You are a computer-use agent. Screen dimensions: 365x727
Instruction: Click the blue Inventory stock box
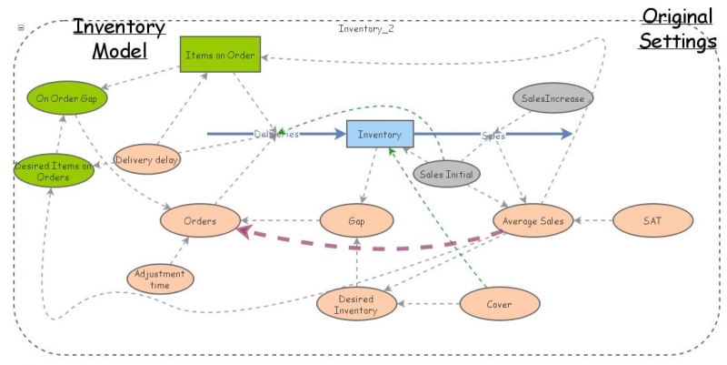pos(380,135)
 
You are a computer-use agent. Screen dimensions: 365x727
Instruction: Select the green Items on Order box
pos(220,56)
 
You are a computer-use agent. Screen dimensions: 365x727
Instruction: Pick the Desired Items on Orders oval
pos(55,171)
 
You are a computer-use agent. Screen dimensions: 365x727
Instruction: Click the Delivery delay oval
pos(147,161)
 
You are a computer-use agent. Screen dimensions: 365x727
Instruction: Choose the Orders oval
pos(200,220)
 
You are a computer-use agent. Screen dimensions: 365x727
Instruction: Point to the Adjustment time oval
pos(160,279)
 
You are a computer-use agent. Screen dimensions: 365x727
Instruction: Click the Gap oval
pos(356,220)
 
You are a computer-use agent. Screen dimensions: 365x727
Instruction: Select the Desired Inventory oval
pos(356,304)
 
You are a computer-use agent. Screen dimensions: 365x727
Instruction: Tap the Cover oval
pos(498,304)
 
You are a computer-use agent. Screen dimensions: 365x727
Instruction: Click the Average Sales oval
pos(533,220)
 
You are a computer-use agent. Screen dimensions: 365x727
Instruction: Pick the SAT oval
pos(652,220)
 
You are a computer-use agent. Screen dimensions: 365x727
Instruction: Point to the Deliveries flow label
pos(276,135)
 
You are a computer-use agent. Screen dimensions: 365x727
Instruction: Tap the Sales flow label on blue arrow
pos(493,135)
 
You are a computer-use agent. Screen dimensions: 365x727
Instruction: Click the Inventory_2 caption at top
pos(365,28)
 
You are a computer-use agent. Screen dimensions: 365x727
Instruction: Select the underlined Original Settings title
pos(676,29)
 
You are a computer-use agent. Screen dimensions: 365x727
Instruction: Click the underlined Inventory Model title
pos(119,37)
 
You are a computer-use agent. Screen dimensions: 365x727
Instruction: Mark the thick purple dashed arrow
pos(373,246)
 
